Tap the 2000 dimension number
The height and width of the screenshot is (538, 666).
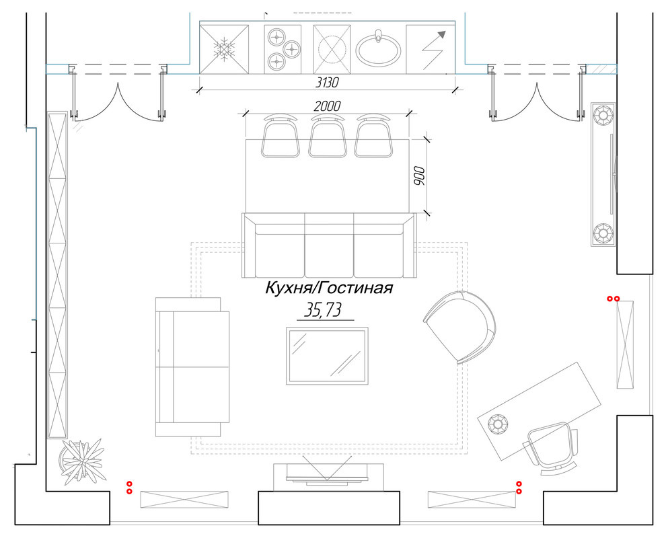327,106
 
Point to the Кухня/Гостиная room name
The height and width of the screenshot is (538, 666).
328,289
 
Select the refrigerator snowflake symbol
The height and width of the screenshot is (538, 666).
223,48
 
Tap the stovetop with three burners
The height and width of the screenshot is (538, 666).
281,47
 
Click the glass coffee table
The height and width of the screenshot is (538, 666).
327,356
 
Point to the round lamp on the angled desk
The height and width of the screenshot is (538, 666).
498,424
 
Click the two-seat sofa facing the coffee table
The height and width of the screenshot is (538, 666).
192,367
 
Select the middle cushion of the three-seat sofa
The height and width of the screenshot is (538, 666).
329,246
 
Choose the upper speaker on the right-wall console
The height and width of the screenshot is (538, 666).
603,116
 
